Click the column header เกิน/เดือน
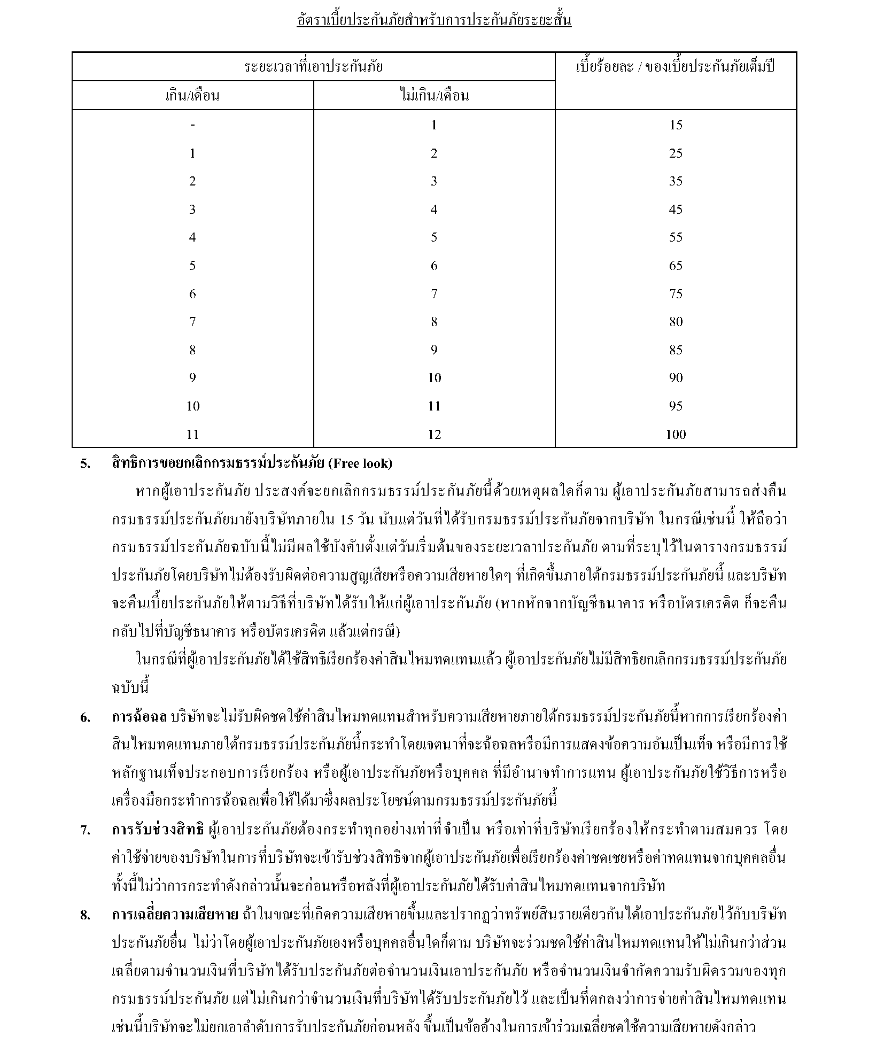pyautogui.click(x=192, y=96)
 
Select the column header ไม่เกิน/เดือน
pyautogui.click(x=434, y=96)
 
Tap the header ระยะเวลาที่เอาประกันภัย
pyautogui.click(x=313, y=67)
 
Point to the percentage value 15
pyautogui.click(x=676, y=125)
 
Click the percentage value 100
pyautogui.click(x=676, y=434)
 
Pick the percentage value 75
pyautogui.click(x=676, y=294)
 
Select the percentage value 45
pyautogui.click(x=676, y=210)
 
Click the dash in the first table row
pyautogui.click(x=192, y=125)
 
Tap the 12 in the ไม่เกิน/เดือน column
pyautogui.click(x=434, y=434)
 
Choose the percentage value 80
pyautogui.click(x=676, y=322)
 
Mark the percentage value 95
pyautogui.click(x=676, y=406)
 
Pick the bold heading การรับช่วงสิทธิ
pyautogui.click(x=158, y=830)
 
